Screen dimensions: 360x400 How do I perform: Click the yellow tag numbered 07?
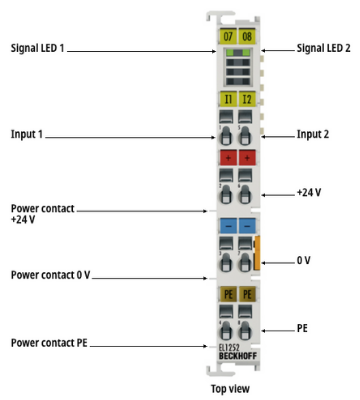[x=228, y=36]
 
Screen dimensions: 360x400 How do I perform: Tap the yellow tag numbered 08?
[x=247, y=36]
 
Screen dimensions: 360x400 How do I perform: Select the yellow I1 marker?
[x=228, y=99]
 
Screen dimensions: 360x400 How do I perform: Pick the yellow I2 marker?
[x=247, y=99]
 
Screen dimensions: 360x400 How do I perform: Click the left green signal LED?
[x=230, y=52]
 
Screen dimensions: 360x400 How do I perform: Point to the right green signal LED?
[x=246, y=52]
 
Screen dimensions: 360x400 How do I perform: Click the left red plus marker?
[x=228, y=158]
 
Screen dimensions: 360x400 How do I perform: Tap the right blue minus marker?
[x=247, y=226]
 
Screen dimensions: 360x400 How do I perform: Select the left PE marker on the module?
[x=228, y=294]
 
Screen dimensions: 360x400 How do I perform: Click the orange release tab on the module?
[x=257, y=253]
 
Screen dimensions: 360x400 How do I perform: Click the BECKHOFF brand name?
[x=238, y=356]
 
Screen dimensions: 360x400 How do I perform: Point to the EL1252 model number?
[x=229, y=348]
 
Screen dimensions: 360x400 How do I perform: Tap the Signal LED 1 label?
[x=37, y=48]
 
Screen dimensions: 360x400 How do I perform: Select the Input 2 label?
[x=313, y=134]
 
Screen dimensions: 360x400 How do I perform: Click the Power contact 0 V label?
[x=50, y=275]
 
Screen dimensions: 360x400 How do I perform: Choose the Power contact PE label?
[x=49, y=343]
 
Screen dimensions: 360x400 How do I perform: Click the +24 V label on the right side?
[x=309, y=193]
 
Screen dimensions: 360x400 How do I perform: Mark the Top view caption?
[x=230, y=389]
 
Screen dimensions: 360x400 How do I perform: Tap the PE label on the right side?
[x=302, y=328]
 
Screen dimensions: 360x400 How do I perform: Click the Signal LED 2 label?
[x=324, y=48]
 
